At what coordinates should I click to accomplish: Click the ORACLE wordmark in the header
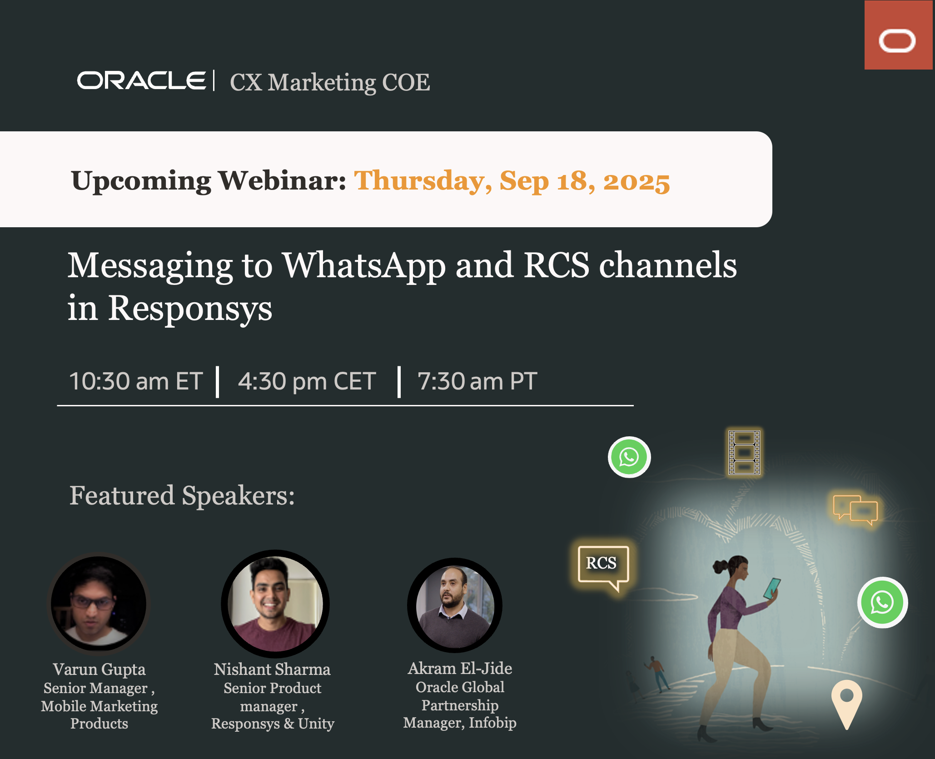pyautogui.click(x=141, y=81)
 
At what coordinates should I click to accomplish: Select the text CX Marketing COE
pyautogui.click(x=330, y=83)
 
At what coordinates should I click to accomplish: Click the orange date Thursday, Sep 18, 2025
pyautogui.click(x=512, y=181)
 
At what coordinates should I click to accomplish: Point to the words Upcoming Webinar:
pyautogui.click(x=209, y=181)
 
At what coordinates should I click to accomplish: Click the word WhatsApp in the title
pyautogui.click(x=364, y=265)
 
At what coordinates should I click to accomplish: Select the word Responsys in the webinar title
pyautogui.click(x=190, y=308)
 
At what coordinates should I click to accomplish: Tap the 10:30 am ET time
pyautogui.click(x=135, y=381)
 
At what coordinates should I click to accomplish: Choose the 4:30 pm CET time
pyautogui.click(x=307, y=381)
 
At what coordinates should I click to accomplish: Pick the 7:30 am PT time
pyautogui.click(x=477, y=381)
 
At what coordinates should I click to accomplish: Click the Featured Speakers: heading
pyautogui.click(x=182, y=495)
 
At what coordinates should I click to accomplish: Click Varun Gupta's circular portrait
pyautogui.click(x=99, y=603)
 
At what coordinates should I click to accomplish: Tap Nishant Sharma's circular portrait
pyautogui.click(x=275, y=604)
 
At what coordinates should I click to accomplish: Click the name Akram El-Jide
pyautogui.click(x=460, y=669)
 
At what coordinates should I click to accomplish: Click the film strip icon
pyautogui.click(x=744, y=452)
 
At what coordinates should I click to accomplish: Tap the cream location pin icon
pyautogui.click(x=846, y=702)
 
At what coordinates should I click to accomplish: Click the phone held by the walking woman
pyautogui.click(x=771, y=588)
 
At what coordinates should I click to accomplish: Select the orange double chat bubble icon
pyautogui.click(x=855, y=509)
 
